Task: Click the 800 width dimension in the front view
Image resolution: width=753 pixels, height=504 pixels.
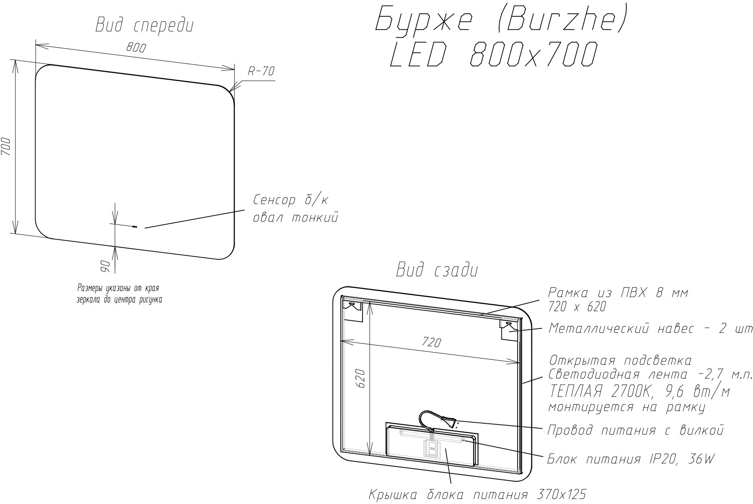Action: [x=136, y=47]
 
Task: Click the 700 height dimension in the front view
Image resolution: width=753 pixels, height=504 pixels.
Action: [x=6, y=147]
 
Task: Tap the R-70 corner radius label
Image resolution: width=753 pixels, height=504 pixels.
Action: [x=261, y=71]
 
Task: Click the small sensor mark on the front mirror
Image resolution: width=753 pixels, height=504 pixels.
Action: [x=134, y=227]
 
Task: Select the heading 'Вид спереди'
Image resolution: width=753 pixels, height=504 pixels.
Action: [x=144, y=26]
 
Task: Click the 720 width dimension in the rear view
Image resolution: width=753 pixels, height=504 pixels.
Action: [x=431, y=342]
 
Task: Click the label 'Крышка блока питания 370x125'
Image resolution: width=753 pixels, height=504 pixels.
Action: [x=478, y=495]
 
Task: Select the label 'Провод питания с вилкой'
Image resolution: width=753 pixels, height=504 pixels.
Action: [x=635, y=430]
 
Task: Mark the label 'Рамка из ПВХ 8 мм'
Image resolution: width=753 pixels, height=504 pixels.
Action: [x=618, y=293]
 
